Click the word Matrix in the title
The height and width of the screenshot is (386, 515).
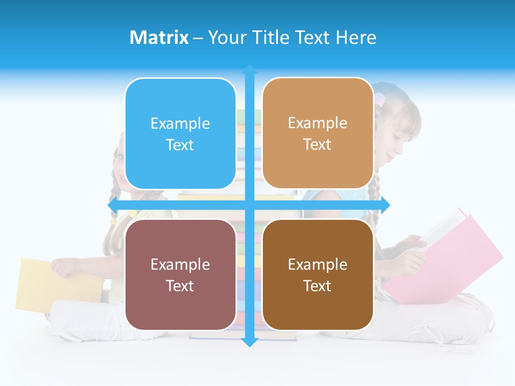click(159, 38)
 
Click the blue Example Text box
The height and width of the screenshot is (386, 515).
click(180, 133)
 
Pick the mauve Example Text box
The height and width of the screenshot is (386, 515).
click(180, 274)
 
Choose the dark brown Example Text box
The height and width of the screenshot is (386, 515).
click(318, 274)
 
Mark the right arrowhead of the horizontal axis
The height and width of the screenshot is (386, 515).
click(386, 205)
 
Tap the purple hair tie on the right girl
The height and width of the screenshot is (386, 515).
click(380, 99)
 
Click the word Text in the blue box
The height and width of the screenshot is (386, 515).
click(180, 145)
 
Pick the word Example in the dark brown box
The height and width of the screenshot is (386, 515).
click(318, 264)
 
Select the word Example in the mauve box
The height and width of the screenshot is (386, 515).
click(180, 264)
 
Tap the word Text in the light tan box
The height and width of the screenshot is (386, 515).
click(317, 144)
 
